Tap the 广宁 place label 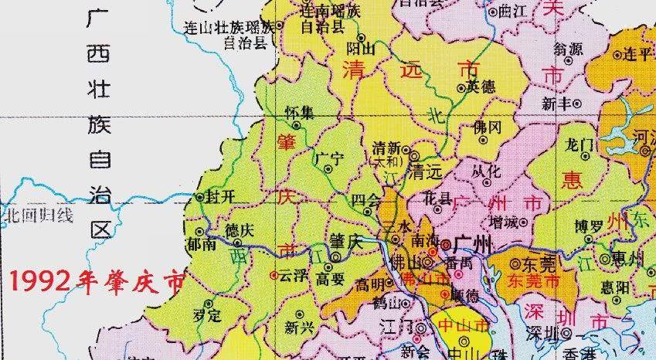(329, 158)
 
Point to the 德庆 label (238, 231)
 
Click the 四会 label (365, 200)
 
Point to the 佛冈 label (488, 126)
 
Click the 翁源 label (569, 48)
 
